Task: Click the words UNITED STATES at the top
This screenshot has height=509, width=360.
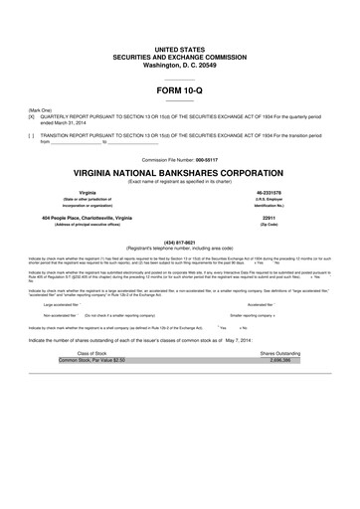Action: pos(179,48)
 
